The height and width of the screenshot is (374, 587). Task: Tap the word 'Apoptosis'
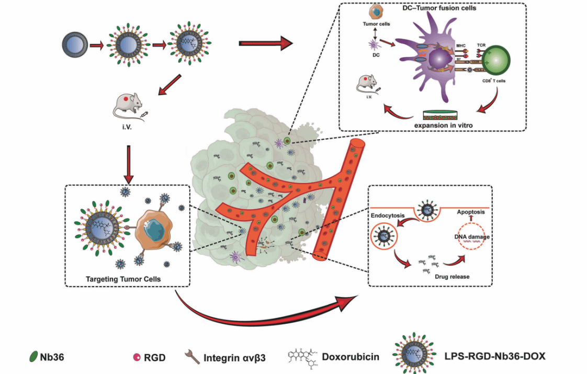[475, 212]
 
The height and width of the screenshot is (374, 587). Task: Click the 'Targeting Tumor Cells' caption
[123, 279]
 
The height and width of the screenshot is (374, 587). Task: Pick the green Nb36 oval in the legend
[32, 358]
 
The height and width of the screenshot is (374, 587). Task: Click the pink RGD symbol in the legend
[137, 358]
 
